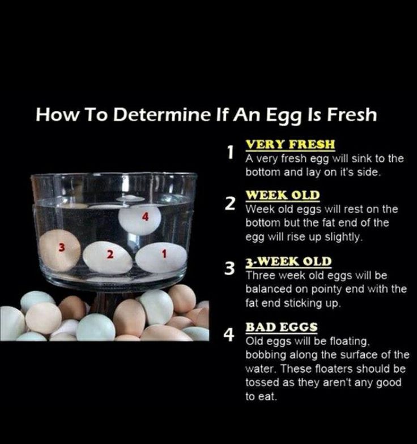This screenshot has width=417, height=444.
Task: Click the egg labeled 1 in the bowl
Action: (x=161, y=258)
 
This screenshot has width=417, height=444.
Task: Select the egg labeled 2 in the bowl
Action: (x=108, y=258)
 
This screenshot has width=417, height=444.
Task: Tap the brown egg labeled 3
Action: (x=60, y=251)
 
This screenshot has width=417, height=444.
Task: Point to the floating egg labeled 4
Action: (x=139, y=219)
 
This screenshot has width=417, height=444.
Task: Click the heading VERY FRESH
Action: (x=290, y=144)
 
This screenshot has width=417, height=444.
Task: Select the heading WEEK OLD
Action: (x=283, y=195)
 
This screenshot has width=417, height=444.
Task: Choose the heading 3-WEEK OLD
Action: (x=288, y=261)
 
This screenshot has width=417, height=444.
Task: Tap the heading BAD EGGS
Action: (x=282, y=327)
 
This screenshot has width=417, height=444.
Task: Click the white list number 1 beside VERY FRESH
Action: (x=231, y=152)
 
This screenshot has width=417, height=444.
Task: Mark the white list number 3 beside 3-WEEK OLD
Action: (x=230, y=269)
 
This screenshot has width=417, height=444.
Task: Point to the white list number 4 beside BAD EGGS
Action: (x=229, y=335)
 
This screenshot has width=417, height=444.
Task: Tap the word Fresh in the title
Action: (x=352, y=114)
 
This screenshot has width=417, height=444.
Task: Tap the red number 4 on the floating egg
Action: (x=145, y=217)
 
